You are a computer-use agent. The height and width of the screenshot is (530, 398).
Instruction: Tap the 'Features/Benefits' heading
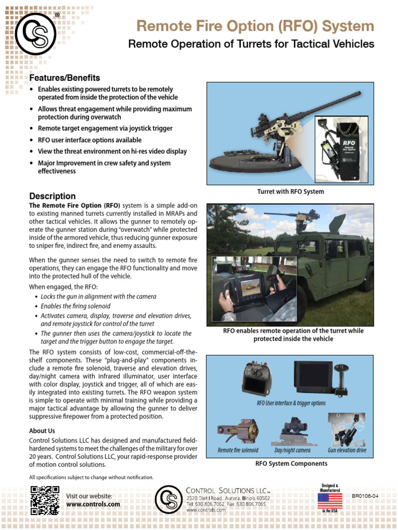coord(65,78)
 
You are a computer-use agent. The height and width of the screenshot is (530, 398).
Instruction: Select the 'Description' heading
coord(52,196)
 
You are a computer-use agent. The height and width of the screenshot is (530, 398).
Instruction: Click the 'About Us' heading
coord(42,431)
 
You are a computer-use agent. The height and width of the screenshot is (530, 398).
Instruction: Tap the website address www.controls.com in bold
coord(93,504)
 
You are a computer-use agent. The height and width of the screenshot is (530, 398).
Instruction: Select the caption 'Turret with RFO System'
coord(291,192)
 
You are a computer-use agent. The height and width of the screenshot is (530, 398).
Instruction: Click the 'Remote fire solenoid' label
coord(238,450)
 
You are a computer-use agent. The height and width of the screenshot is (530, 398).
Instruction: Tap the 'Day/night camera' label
coord(292,450)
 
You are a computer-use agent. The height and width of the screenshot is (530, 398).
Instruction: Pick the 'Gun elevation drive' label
coord(347,450)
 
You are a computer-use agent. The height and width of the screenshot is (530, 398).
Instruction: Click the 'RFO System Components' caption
coord(292,464)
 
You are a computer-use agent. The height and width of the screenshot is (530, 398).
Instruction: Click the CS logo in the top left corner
coord(35,34)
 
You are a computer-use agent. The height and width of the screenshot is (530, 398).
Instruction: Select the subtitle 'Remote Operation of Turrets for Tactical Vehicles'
coord(251,45)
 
